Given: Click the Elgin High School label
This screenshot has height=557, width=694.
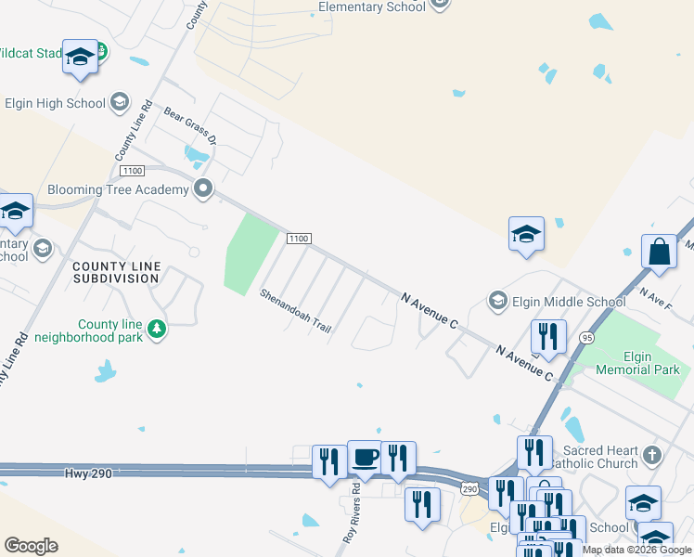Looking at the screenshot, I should [x=56, y=103].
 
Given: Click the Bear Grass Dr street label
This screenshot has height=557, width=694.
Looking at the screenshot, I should [x=190, y=127].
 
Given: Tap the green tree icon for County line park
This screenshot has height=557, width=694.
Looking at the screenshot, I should [x=157, y=329].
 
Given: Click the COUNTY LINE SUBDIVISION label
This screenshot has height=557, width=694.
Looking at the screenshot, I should [x=117, y=272].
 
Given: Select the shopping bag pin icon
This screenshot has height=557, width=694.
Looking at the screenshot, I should [x=658, y=253].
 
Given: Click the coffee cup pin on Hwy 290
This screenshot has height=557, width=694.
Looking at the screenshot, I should [x=365, y=458].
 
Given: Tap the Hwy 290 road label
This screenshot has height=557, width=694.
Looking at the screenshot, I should [x=88, y=473].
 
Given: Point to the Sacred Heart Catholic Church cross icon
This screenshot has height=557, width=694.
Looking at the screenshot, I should [x=653, y=455].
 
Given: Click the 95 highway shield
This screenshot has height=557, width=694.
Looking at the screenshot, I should [x=585, y=338].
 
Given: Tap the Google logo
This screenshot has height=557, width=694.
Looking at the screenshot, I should [x=31, y=546].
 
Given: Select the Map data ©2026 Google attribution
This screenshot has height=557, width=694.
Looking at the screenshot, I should [x=636, y=550].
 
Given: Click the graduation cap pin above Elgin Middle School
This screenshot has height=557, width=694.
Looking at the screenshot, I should [x=525, y=234].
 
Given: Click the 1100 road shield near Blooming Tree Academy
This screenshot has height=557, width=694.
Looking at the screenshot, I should [x=132, y=171].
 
